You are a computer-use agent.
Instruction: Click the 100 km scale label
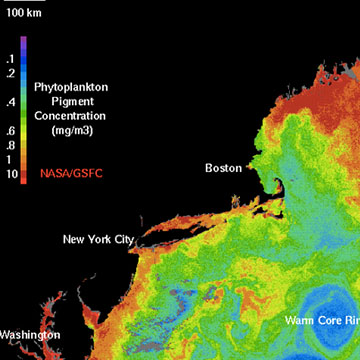(x=19, y=13)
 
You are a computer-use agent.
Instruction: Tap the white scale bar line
(x=19, y=3)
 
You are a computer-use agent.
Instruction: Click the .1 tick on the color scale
(x=10, y=59)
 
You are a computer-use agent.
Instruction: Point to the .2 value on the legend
(x=10, y=73)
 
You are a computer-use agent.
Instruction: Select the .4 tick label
(x=10, y=102)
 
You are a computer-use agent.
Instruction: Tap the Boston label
(x=223, y=168)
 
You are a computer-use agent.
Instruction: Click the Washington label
(x=29, y=334)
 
